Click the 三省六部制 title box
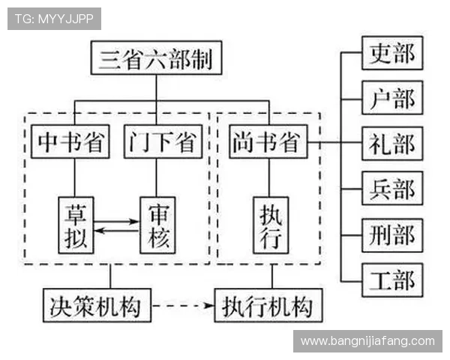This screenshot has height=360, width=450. click(x=156, y=58)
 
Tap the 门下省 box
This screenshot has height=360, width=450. click(x=162, y=141)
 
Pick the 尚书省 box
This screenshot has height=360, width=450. click(x=268, y=141)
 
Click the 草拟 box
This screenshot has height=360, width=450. click(x=76, y=224)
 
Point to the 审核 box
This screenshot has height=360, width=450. click(x=160, y=224)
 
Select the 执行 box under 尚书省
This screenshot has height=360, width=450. click(x=270, y=224)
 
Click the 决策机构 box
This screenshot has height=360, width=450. click(x=96, y=305)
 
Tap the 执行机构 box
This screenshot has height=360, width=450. click(x=268, y=305)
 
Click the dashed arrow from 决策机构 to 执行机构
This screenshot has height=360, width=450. click(x=182, y=305)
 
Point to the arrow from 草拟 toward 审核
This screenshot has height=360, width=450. click(x=118, y=221)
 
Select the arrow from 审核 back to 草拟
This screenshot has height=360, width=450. click(x=118, y=230)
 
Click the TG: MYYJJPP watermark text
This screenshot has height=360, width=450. click(x=54, y=19)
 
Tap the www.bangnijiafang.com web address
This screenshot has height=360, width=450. click(x=367, y=341)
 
